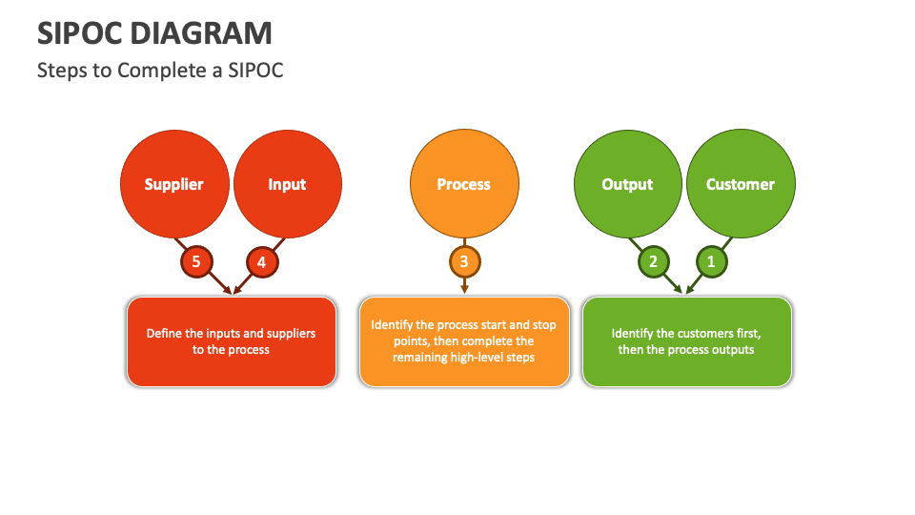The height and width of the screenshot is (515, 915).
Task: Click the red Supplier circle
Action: coord(174,184)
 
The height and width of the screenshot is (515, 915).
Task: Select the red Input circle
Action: coord(287,184)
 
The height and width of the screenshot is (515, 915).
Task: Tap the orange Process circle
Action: coord(464,184)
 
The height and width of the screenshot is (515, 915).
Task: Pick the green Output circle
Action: coord(627,184)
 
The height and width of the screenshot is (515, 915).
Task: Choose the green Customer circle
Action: coord(741,184)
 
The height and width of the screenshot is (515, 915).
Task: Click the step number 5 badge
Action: coord(196,261)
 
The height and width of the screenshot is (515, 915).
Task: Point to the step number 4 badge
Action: coord(261,261)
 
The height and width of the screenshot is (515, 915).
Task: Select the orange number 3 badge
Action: coord(464,261)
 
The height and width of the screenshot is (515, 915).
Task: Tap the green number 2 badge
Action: coord(653,261)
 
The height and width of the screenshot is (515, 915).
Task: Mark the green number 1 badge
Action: coord(710,261)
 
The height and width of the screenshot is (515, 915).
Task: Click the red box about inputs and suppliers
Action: coord(232,341)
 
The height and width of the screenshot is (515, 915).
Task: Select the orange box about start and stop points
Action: coord(464,341)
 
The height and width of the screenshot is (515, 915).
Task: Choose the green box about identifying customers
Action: coord(686,341)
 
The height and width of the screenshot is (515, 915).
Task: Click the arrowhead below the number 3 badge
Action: coord(464,288)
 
